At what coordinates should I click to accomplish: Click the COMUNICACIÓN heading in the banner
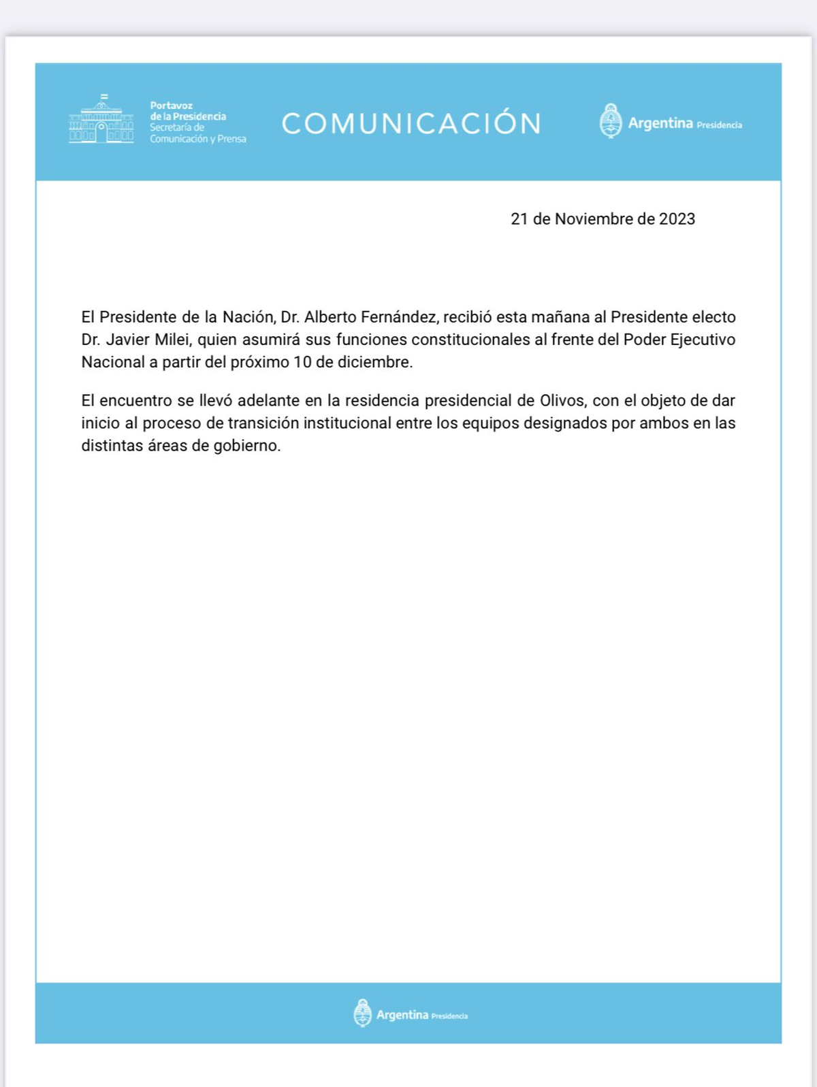pos(411,123)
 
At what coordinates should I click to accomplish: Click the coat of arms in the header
pos(610,121)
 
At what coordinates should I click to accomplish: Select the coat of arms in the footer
pos(362,1013)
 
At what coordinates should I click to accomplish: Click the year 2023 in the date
pos(677,219)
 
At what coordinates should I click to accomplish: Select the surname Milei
pos(172,340)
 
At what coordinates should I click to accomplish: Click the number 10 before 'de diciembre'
pos(302,362)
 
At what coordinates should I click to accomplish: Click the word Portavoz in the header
pos(172,106)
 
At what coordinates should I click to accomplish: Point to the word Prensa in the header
pos(231,139)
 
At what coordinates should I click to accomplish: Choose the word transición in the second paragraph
pos(263,423)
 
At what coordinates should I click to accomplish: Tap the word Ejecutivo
pos(703,340)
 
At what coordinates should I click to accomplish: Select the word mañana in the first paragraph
pos(560,317)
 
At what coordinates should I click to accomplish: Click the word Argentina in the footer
pos(402,1015)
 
